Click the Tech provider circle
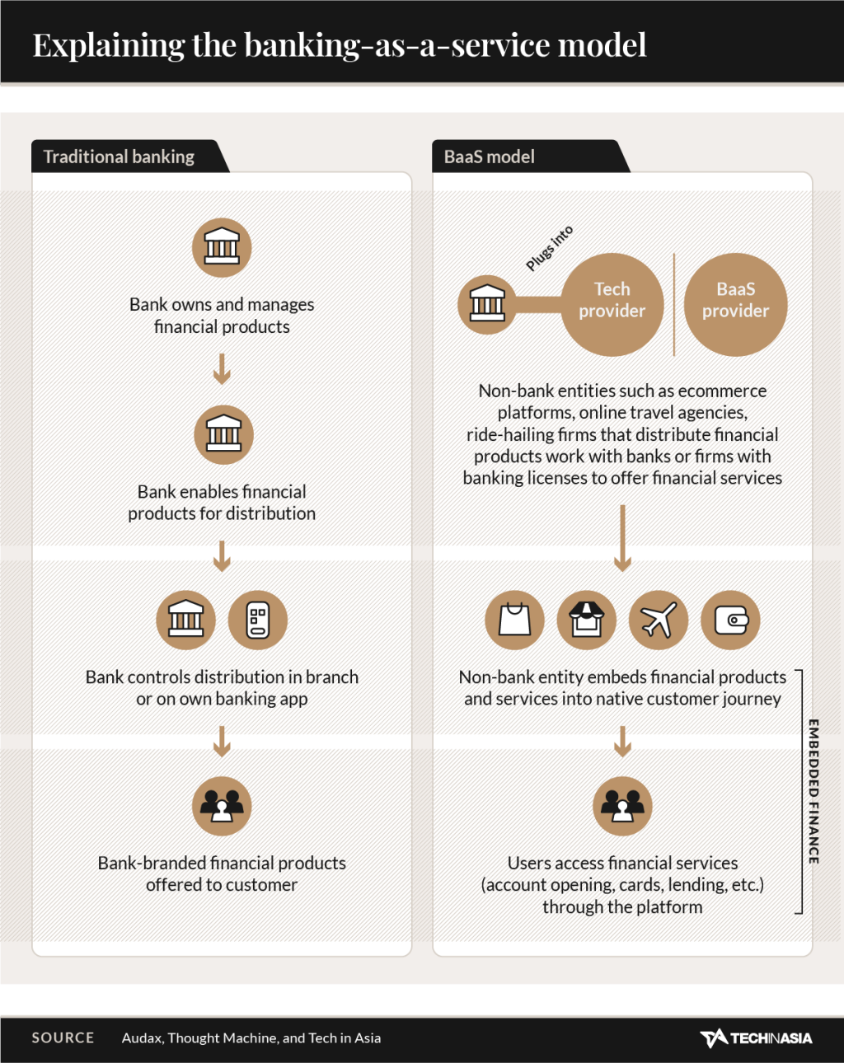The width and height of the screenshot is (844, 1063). pos(612,304)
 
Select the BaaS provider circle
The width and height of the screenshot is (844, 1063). pos(735,304)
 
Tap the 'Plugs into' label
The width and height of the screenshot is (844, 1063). pos(549,248)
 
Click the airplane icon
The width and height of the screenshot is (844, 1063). pos(659,620)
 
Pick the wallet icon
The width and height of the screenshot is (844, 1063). pos(730,620)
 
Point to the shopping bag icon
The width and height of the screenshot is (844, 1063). pos(514,620)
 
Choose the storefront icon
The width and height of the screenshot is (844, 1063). pos(587,620)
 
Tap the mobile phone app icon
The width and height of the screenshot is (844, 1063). pos(257,620)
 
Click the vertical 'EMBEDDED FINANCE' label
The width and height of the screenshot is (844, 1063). pos(814,791)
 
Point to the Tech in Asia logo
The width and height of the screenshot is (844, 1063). pos(756,1037)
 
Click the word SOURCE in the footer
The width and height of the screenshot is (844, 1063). pos(63,1037)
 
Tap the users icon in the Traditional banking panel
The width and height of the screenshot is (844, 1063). pos(222,806)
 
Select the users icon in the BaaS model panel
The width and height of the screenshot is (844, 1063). pos(622,806)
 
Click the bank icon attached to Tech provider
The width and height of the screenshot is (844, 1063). pos(487,304)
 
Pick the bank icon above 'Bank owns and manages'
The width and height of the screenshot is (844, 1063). pos(222,247)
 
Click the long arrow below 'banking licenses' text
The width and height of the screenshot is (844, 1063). pos(622,538)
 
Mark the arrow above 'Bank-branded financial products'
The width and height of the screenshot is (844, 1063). pos(222,742)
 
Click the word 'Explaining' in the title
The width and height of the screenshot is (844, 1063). pos(109,46)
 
